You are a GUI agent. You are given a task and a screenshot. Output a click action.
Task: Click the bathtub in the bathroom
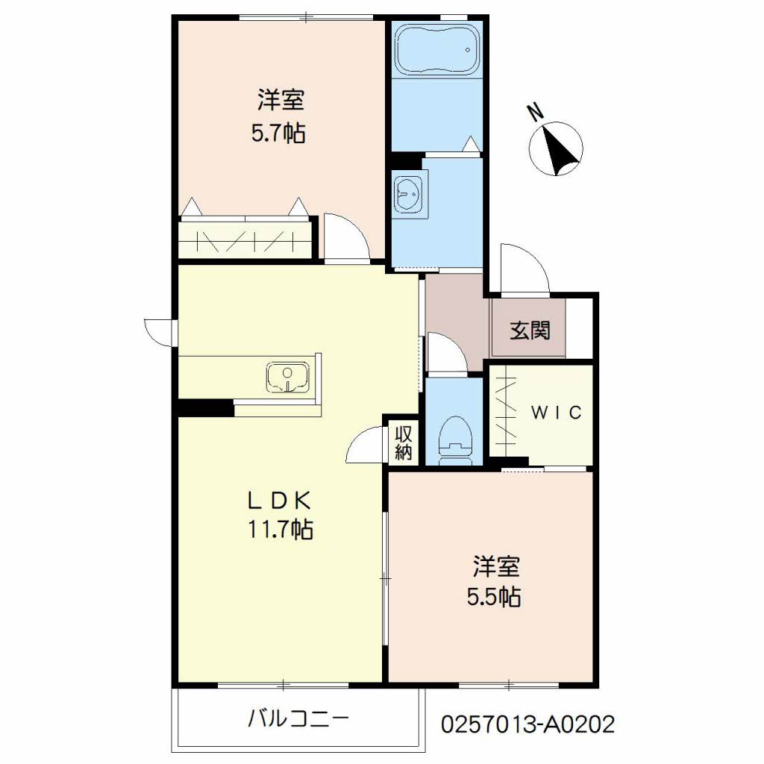pos(437,49)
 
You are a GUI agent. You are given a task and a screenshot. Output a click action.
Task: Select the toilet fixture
pos(456,440)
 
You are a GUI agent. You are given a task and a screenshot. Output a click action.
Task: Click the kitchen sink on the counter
pos(287,377)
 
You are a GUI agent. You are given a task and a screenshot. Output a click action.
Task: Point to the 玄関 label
pos(530,331)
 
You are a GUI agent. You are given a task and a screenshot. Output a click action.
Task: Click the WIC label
pos(556,413)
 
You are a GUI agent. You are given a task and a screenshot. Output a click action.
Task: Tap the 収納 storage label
pos(404,443)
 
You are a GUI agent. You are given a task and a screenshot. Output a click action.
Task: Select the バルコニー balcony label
pos(298,718)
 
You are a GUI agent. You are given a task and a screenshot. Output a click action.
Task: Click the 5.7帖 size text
pos(278,133)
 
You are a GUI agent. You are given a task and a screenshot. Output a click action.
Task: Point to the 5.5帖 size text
pos(494,598)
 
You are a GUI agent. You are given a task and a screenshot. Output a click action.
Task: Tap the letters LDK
pos(280,500)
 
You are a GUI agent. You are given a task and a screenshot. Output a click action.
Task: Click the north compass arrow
pos(560,149)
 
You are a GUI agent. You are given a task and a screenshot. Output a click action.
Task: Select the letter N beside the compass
pos(536,113)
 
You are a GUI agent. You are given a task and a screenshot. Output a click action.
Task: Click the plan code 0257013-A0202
pos(527,724)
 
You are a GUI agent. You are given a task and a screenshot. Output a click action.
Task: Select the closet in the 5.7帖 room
pos(245,238)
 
